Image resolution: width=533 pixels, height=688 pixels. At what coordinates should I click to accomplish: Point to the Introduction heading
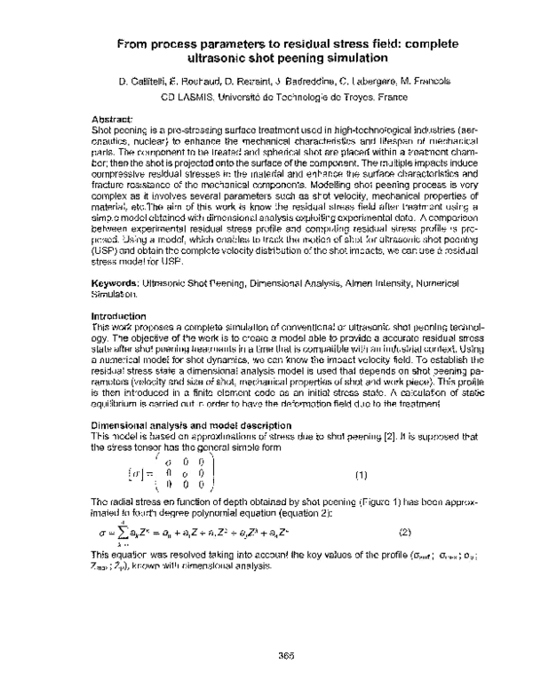(x=120, y=316)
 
